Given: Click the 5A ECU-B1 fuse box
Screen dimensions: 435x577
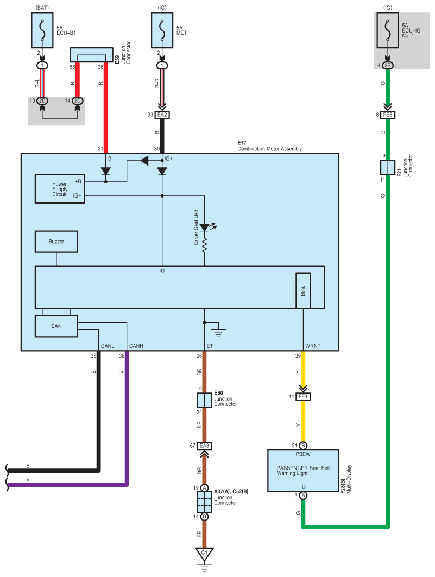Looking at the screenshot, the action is click(x=42, y=30).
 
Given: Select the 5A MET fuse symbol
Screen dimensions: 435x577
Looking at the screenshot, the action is click(x=162, y=30).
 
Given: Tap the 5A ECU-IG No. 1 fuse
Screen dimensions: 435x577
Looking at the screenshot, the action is click(x=388, y=30).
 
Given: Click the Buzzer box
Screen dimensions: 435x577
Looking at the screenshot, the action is click(x=56, y=242).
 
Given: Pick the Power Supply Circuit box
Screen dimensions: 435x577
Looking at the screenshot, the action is click(x=60, y=189).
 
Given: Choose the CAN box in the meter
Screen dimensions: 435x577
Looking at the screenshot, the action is click(x=56, y=326).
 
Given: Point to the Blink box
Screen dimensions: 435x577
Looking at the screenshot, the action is click(x=303, y=291).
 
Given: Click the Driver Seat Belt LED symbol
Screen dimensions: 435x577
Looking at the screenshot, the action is click(x=205, y=227).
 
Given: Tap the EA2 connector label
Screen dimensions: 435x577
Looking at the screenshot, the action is click(x=162, y=115).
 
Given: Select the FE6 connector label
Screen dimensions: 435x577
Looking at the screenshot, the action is click(x=388, y=115).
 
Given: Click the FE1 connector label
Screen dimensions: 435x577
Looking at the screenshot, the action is click(x=303, y=396).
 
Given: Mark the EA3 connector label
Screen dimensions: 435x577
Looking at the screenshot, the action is click(x=204, y=446).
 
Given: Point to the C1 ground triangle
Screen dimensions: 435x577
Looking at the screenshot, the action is click(x=204, y=554).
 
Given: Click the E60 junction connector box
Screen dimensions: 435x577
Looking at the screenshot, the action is click(x=204, y=400).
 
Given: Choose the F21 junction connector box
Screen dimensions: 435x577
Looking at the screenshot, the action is click(x=388, y=168).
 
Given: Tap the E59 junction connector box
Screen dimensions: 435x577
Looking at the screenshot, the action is click(x=92, y=55).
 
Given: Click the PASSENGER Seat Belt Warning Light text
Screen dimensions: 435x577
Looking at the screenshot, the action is click(x=303, y=471).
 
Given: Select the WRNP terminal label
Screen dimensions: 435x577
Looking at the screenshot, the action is click(x=313, y=346).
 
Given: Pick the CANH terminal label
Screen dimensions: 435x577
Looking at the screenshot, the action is click(x=136, y=346).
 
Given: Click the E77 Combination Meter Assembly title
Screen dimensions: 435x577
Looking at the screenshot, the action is click(x=269, y=145).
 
